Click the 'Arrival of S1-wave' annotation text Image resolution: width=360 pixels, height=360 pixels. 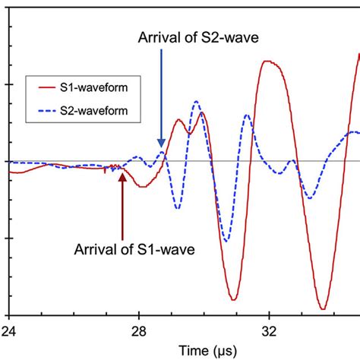[134, 248]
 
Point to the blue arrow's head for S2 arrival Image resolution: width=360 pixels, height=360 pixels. [161, 145]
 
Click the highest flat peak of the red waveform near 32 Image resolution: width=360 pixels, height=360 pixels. [271, 62]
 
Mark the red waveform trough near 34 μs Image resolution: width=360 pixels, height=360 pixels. [323, 308]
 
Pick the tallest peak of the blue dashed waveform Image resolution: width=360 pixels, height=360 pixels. [197, 100]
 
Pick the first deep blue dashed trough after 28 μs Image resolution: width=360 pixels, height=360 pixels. [177, 208]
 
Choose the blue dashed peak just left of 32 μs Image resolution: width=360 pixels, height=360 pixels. [246, 115]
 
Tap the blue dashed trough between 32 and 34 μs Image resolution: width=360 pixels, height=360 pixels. [309, 198]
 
